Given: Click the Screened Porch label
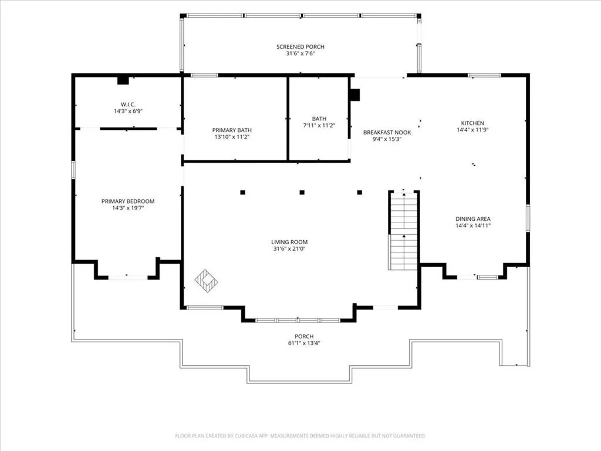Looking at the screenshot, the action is click(x=300, y=47).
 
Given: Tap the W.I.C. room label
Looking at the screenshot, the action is click(x=128, y=105).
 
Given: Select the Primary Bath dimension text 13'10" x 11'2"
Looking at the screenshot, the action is click(x=232, y=137).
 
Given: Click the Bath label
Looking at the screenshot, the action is click(x=319, y=119).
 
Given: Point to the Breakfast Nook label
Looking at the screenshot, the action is click(x=387, y=132).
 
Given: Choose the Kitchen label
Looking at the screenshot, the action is click(x=472, y=123).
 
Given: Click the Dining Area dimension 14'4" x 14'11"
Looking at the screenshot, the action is click(x=473, y=225).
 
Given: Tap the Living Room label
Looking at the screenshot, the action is click(x=289, y=242).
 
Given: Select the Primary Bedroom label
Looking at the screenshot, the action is click(x=128, y=201).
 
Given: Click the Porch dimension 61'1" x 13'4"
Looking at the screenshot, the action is click(x=304, y=343).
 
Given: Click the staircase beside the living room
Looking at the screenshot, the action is click(x=403, y=231).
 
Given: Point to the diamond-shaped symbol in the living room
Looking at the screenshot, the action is click(x=206, y=281).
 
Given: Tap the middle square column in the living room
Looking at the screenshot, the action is click(x=302, y=193).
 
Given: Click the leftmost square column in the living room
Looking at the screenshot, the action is click(x=242, y=193).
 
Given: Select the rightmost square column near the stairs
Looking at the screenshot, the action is click(x=360, y=193).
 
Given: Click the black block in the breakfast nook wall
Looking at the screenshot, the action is click(x=355, y=95).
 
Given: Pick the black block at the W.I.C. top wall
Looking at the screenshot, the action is click(x=123, y=80).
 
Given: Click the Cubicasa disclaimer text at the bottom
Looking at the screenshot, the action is click(x=300, y=436).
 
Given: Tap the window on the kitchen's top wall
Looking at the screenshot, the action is click(x=484, y=75).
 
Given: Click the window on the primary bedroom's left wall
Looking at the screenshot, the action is click(x=73, y=170).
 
